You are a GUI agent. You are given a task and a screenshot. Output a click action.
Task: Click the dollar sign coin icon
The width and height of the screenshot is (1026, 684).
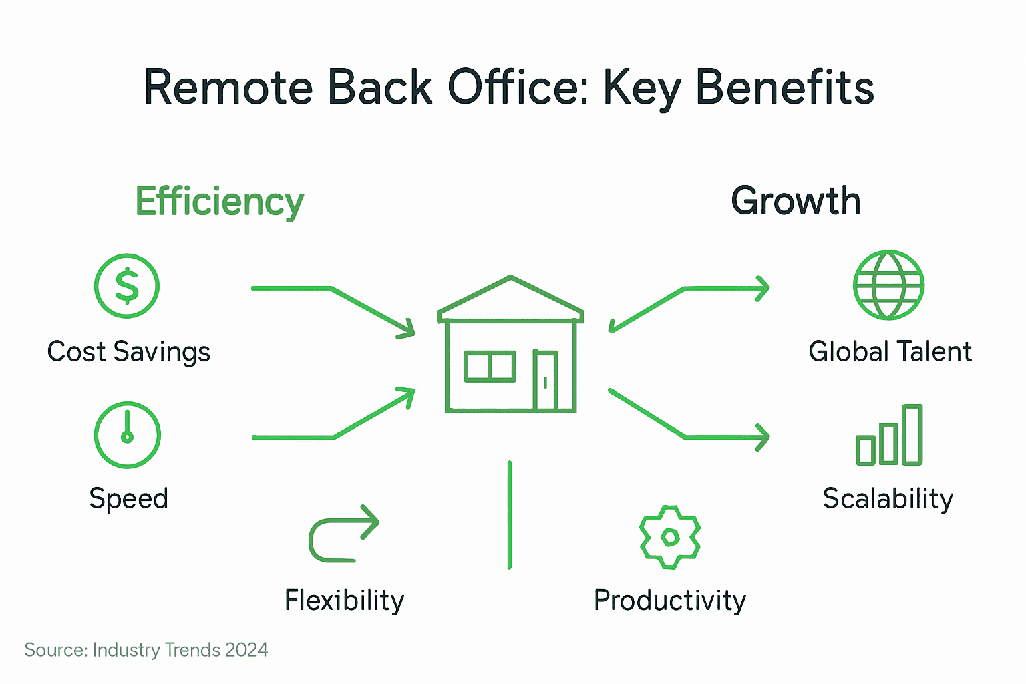click(x=127, y=286)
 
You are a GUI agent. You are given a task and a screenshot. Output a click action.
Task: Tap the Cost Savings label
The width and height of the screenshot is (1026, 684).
click(x=128, y=352)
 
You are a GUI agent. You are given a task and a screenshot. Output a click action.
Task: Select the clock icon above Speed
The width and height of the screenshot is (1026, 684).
click(x=127, y=435)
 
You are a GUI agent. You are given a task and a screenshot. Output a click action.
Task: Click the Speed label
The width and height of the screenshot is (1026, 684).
click(x=128, y=499)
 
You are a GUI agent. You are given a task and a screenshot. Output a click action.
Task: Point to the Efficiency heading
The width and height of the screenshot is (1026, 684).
click(x=219, y=202)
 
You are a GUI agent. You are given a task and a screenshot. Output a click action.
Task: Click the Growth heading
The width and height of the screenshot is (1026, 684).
click(x=795, y=201)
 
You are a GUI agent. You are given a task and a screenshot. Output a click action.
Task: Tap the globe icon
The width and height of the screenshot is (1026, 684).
click(x=888, y=285)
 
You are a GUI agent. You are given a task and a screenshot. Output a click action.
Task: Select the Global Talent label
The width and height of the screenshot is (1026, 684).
click(x=890, y=352)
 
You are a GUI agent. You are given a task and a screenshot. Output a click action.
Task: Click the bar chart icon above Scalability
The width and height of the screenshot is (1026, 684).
click(x=889, y=436)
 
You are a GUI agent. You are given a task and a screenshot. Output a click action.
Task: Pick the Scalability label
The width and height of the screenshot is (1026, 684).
click(x=888, y=499)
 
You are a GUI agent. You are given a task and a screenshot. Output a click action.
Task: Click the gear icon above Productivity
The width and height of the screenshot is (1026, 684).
click(x=670, y=537)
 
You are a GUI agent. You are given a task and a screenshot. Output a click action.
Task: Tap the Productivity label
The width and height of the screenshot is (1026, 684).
click(x=669, y=601)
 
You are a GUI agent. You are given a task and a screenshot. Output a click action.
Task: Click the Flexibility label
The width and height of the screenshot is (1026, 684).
click(x=344, y=601)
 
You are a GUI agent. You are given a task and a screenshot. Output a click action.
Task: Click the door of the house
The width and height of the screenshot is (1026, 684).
click(x=545, y=380)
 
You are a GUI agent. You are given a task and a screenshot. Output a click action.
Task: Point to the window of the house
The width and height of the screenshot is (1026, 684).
click(x=490, y=367)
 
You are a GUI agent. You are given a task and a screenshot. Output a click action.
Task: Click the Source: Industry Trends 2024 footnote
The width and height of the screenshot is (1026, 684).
click(x=146, y=650)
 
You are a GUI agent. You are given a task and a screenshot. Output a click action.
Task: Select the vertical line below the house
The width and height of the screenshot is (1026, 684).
click(x=510, y=514)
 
